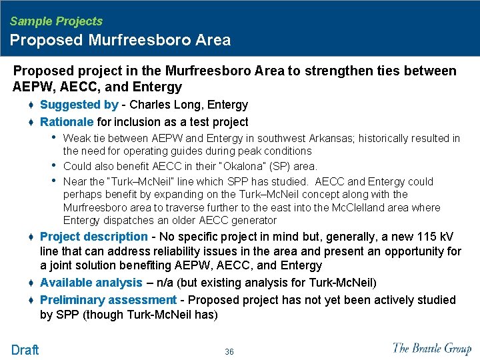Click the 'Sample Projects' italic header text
56,21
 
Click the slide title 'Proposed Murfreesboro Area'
120,40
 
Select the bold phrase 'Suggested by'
79,105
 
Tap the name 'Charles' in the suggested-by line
151,105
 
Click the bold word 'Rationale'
67,122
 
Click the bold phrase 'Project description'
93,237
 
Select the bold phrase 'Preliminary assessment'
108,300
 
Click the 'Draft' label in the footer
25,350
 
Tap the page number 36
229,351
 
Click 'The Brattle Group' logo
432,348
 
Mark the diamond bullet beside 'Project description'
31,237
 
